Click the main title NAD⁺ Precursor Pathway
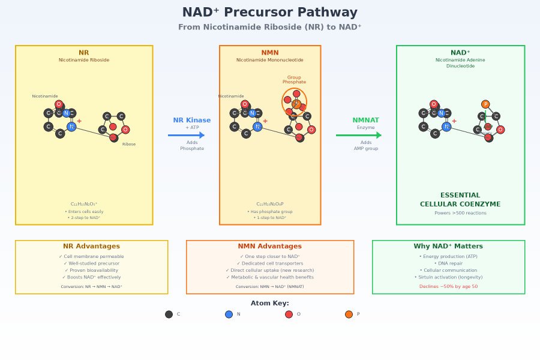click(269, 13)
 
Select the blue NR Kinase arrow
click(187, 135)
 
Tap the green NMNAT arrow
click(359, 135)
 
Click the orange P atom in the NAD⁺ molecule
click(485, 104)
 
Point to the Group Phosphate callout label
click(294, 79)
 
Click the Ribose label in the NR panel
click(129, 144)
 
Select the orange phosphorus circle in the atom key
click(349, 314)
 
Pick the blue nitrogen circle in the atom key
click(229, 314)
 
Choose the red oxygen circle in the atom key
click(289, 314)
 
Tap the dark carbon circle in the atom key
click(169, 314)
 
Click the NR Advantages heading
click(91, 247)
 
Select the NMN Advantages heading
click(269, 247)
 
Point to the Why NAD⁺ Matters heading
click(448, 247)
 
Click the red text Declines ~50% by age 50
click(448, 287)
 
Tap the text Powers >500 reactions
click(460, 213)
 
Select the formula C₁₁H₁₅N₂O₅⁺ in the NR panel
click(84, 204)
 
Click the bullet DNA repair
click(448, 263)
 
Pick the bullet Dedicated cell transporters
click(269, 263)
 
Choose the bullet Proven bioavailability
click(91, 270)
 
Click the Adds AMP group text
click(365, 145)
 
